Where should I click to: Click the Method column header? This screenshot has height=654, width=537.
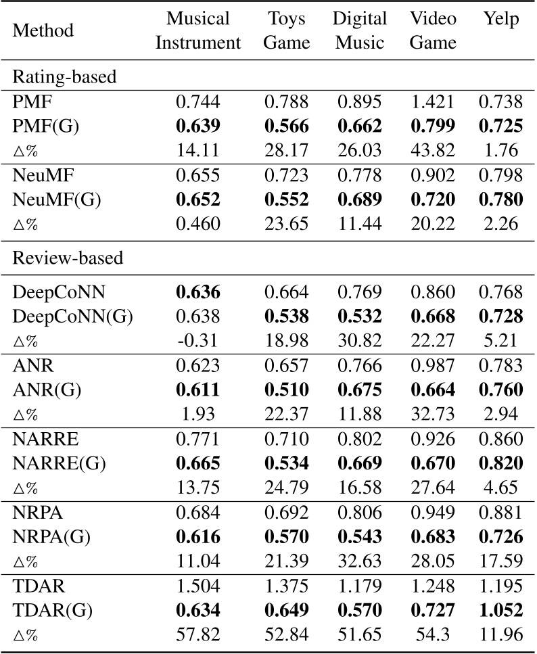click(x=43, y=31)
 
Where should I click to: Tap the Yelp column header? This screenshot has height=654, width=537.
click(x=501, y=19)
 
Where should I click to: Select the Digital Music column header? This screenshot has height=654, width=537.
click(x=360, y=30)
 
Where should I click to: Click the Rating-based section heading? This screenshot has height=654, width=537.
click(x=65, y=76)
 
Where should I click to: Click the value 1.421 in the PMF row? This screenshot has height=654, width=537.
click(x=433, y=102)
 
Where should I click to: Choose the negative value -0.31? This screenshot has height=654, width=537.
click(x=198, y=342)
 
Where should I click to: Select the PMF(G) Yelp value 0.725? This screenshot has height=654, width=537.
click(x=500, y=126)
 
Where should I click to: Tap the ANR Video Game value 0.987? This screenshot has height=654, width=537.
click(x=433, y=367)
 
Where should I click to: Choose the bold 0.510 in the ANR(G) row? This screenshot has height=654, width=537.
click(x=286, y=390)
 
